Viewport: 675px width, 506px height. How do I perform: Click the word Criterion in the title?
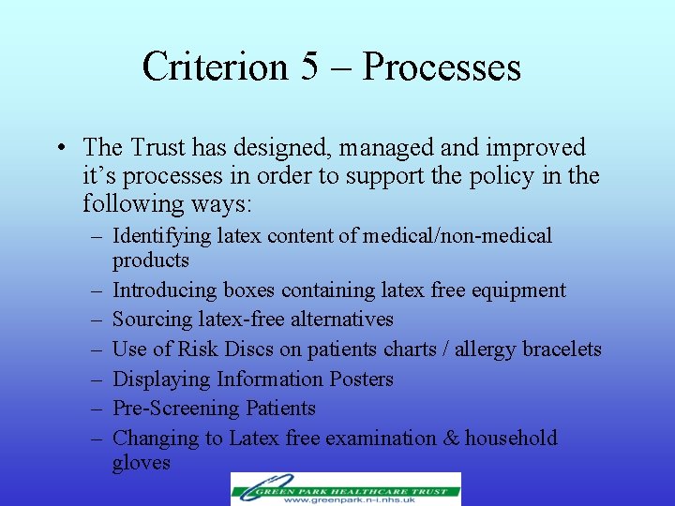[215, 67]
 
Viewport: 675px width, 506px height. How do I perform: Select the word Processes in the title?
[442, 67]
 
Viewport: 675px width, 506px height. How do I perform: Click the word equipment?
[520, 290]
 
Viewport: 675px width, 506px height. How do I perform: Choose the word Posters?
[361, 379]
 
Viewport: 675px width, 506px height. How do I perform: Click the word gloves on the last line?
[141, 463]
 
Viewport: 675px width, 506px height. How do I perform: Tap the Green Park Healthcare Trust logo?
[346, 488]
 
